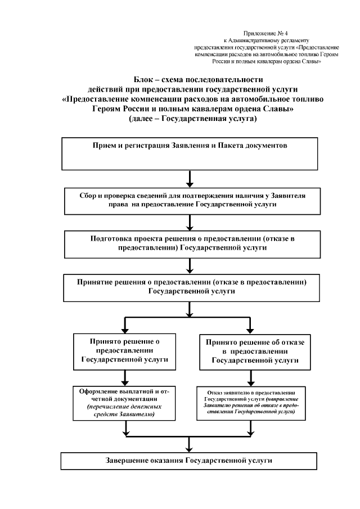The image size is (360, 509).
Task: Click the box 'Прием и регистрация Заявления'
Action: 190,152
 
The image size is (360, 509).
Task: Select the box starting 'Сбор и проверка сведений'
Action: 190,201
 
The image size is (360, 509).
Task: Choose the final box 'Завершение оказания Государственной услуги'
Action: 190,460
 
